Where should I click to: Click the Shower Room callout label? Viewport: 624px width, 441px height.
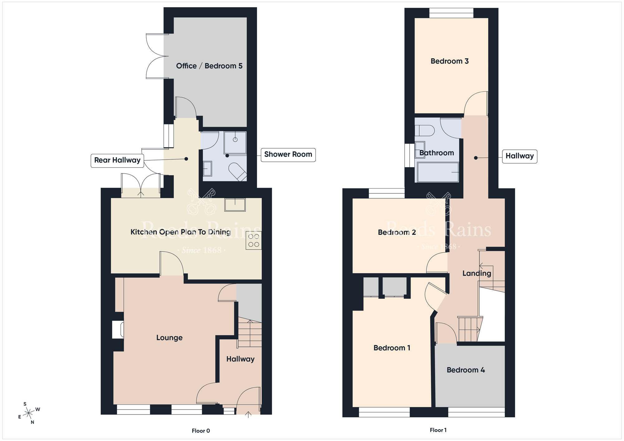[x=288, y=155]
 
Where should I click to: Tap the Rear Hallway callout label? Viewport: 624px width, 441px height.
[x=117, y=161]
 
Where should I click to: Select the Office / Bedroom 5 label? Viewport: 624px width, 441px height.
[x=209, y=66]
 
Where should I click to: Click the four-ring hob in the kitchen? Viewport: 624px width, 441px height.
[x=254, y=240]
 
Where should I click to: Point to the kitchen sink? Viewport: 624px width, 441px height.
[x=235, y=205]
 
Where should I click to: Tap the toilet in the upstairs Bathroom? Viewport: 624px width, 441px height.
[x=424, y=131]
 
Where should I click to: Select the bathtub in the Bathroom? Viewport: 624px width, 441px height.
[x=438, y=172]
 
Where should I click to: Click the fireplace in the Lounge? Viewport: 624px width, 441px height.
[x=118, y=329]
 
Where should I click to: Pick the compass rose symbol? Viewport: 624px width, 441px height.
[x=29, y=414]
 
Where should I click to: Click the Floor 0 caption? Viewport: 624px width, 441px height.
[x=201, y=431]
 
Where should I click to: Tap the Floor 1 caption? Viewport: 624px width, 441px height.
[x=438, y=430]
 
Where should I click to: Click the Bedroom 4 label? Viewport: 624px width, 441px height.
[x=466, y=370]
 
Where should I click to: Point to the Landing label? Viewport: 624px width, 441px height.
[x=477, y=274]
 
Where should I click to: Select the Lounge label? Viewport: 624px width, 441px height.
[x=169, y=338]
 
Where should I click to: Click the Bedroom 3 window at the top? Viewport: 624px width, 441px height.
[x=451, y=13]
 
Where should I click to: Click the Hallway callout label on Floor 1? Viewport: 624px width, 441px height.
[x=519, y=156]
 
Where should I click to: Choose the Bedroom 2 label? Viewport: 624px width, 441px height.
[x=397, y=232]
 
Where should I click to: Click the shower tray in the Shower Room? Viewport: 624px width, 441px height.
[x=235, y=143]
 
